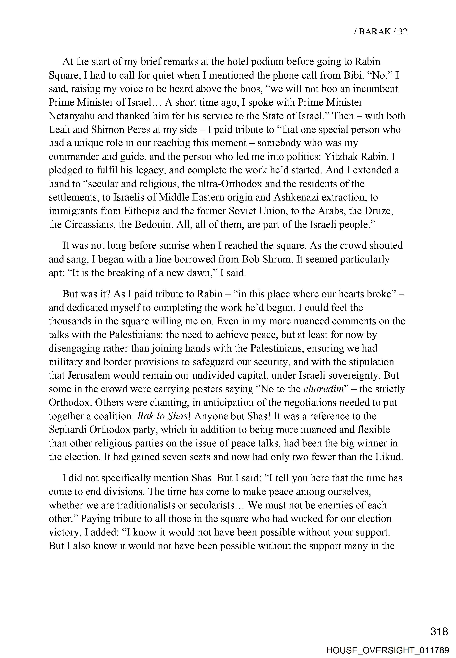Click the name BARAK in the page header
click(375, 31)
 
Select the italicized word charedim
click(323, 389)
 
